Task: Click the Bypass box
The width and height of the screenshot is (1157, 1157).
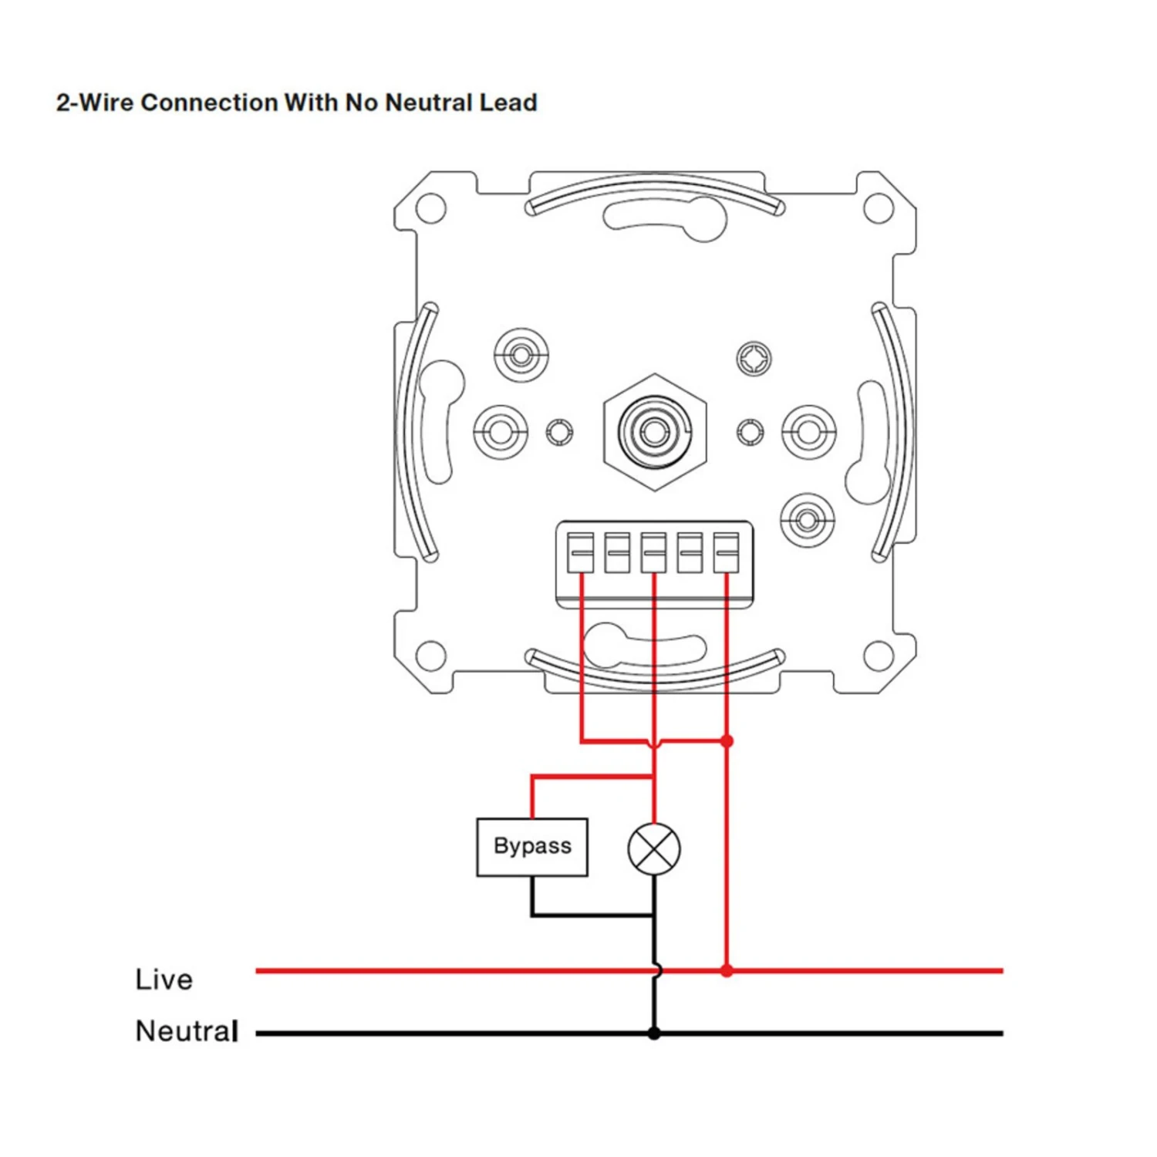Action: (532, 847)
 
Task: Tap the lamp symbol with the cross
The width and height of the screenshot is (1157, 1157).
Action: (654, 848)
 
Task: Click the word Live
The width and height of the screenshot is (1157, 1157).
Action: (164, 980)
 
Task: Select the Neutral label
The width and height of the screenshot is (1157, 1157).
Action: (187, 1031)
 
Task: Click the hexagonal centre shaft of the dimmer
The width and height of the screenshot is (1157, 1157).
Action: (654, 432)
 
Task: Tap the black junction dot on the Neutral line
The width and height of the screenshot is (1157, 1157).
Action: (654, 1033)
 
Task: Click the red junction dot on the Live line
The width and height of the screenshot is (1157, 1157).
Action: (727, 970)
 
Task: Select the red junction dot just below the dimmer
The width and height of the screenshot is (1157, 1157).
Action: (727, 741)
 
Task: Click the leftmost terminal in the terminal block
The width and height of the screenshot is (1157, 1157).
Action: (581, 552)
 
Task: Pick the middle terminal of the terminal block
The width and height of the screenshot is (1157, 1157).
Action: (653, 552)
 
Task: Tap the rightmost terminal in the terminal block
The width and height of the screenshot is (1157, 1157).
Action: (726, 552)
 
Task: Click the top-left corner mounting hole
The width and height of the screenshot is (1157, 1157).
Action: (430, 208)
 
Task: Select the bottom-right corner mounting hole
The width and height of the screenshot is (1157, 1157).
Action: (878, 656)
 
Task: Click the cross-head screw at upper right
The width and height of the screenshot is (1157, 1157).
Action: (754, 359)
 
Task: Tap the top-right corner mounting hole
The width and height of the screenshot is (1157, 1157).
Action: (878, 208)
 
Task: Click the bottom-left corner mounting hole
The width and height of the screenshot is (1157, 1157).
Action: (430, 656)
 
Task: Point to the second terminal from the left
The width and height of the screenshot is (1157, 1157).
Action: (617, 552)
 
